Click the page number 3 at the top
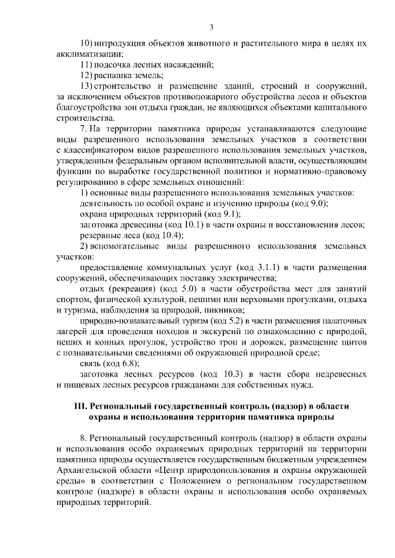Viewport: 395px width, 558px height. point(212,27)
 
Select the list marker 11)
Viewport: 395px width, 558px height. point(87,65)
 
